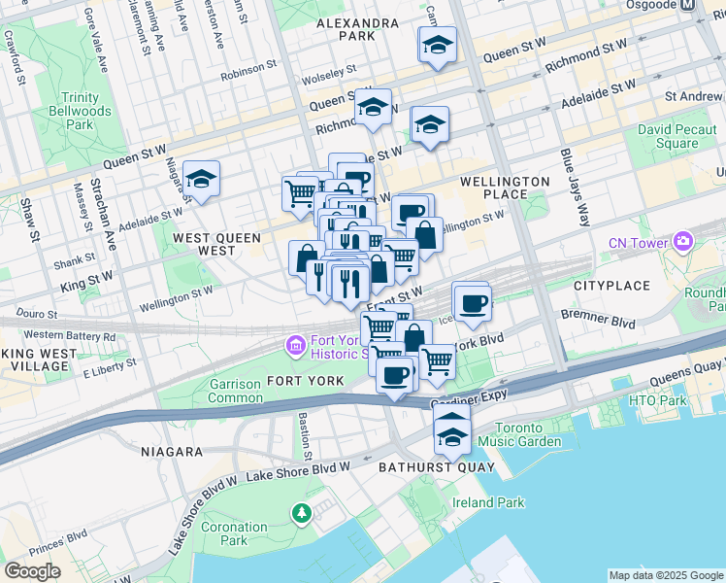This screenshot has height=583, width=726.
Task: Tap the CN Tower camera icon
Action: [683, 240]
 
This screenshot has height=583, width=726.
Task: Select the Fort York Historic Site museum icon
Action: [295, 345]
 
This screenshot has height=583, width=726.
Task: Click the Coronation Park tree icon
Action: [302, 511]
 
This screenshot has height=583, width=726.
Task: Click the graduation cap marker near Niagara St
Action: [201, 179]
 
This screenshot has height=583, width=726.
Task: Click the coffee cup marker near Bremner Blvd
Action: [473, 303]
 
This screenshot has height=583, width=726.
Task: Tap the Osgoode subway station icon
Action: [688, 5]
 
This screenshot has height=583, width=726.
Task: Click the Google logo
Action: [33, 570]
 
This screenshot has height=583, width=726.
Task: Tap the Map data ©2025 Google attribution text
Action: [665, 575]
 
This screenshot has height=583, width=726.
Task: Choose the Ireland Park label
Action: [488, 502]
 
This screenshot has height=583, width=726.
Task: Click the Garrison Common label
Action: [235, 392]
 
